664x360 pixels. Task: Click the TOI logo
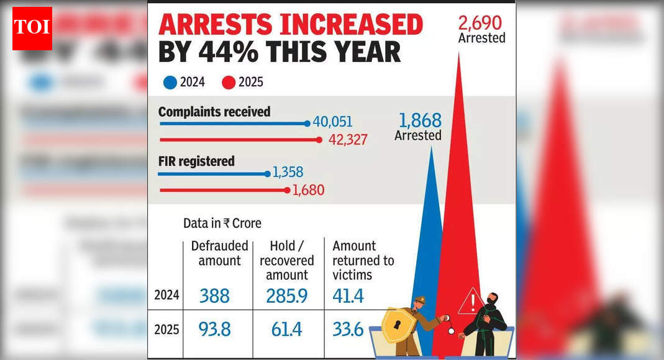32,29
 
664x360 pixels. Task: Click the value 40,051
332,123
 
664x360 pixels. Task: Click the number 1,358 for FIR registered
288,173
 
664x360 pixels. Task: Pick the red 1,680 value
307,191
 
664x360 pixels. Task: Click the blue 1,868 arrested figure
419,120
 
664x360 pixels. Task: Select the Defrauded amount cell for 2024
214,296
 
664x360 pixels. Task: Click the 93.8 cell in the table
214,329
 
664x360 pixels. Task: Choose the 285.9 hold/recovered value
286,296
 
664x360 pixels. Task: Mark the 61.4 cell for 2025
286,329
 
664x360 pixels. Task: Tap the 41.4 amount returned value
348,296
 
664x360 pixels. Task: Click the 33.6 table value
348,329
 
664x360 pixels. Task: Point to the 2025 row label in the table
166,329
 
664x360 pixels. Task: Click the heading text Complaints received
214,112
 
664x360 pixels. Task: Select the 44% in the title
227,52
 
